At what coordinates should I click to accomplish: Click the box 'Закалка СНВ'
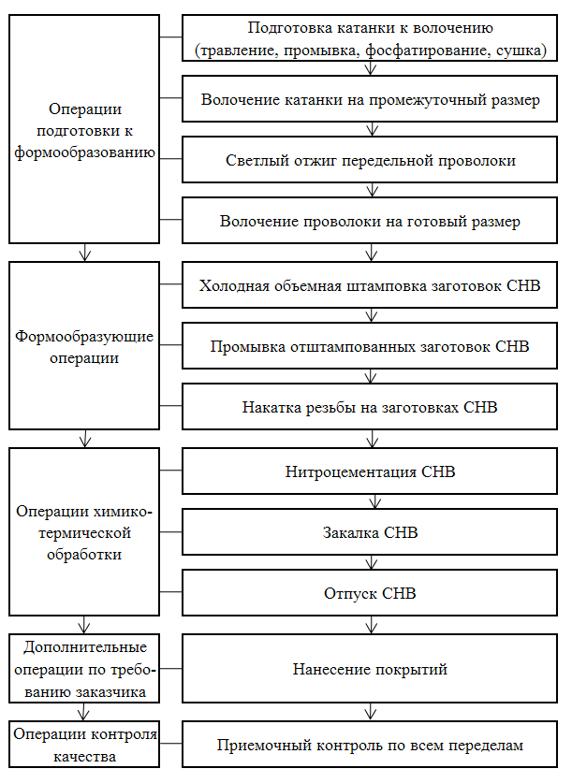pos(370,531)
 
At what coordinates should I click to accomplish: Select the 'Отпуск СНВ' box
pos(370,593)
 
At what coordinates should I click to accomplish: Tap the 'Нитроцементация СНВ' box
pos(370,471)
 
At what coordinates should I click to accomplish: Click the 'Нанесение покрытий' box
pos(370,669)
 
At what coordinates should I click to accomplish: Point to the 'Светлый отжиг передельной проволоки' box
pos(370,160)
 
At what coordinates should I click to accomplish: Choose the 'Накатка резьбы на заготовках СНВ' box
pos(370,407)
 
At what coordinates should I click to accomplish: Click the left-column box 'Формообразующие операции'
pos(84,345)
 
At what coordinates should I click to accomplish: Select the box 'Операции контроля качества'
pos(84,744)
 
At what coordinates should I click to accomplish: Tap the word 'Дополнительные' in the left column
pos(85,646)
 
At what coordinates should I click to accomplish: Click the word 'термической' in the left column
pos(85,533)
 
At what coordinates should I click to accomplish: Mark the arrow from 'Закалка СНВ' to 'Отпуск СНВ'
pos(371,562)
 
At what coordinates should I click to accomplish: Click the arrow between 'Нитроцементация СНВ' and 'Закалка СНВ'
pos(374,501)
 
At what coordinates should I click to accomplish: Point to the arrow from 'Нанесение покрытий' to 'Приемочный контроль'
pos(370,712)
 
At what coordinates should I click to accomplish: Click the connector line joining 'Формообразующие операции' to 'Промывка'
pos(170,345)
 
